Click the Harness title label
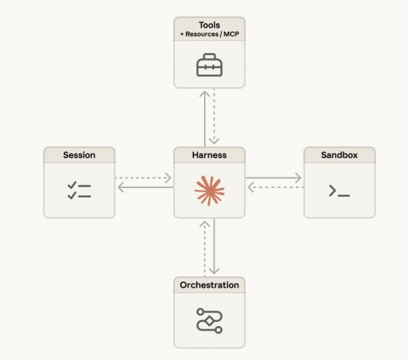pyautogui.click(x=209, y=155)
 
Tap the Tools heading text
pyautogui.click(x=209, y=25)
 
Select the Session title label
pyautogui.click(x=79, y=155)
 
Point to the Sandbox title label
pyautogui.click(x=339, y=155)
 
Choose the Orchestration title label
pyautogui.click(x=209, y=285)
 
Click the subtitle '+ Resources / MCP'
pyautogui.click(x=209, y=34)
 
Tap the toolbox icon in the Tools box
pyautogui.click(x=209, y=66)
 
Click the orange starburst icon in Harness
pyautogui.click(x=209, y=190)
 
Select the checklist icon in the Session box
pyautogui.click(x=79, y=190)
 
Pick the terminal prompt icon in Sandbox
pyautogui.click(x=339, y=192)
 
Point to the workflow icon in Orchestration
pyautogui.click(x=209, y=319)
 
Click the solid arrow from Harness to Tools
pyautogui.click(x=203, y=116)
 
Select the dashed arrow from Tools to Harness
pyautogui.click(x=215, y=116)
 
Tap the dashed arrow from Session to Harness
pyautogui.click(x=143, y=179)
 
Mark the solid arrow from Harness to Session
pyautogui.click(x=143, y=187)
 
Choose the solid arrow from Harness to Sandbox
pyautogui.click(x=273, y=179)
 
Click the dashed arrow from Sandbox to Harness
pyautogui.click(x=273, y=187)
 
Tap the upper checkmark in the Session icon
pyautogui.click(x=72, y=185)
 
